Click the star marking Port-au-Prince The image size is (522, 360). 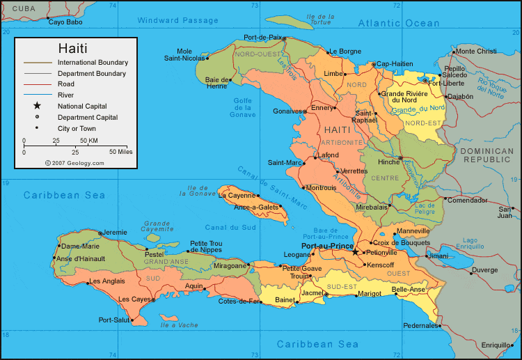click(356, 252)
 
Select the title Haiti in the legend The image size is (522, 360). click(72, 49)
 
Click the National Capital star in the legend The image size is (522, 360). click(37, 106)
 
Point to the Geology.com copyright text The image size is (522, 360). click(74, 163)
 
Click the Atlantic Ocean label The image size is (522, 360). click(399, 23)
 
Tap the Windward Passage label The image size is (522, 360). click(177, 20)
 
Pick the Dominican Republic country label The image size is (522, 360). click(487, 155)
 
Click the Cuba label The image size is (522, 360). click(24, 8)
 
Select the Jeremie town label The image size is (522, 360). click(116, 232)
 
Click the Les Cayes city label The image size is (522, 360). click(135, 299)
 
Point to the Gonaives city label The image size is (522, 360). click(286, 111)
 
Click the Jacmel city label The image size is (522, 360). click(313, 293)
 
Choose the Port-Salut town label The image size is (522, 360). click(114, 320)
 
